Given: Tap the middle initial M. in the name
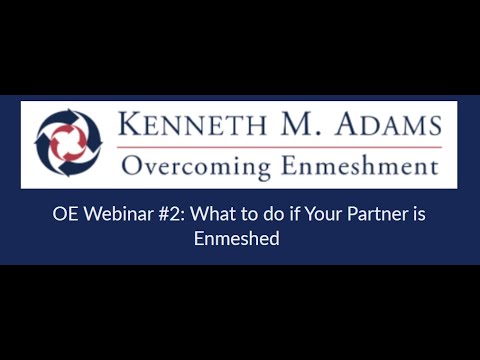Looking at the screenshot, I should (x=277, y=127).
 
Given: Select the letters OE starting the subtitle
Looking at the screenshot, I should (x=64, y=214).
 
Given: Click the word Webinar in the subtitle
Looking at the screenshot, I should (x=110, y=214).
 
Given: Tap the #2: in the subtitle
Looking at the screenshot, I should (x=159, y=214).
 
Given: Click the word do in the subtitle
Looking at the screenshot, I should (x=251, y=214).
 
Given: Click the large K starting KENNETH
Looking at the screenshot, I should (x=129, y=127).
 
